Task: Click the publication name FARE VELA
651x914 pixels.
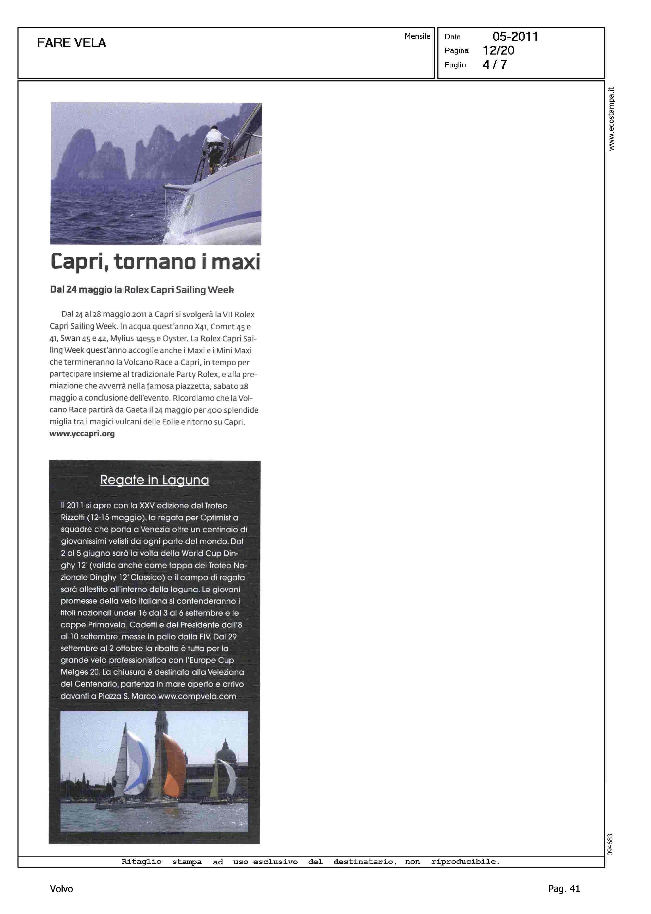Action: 71,43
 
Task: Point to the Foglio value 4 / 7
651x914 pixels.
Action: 495,64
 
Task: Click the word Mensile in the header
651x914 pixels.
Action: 417,36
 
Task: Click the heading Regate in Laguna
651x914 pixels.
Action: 154,480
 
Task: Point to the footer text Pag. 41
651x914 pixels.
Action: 564,889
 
